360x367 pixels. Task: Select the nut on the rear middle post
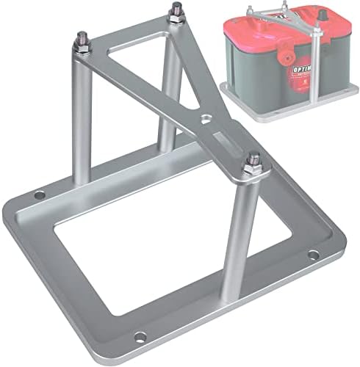pyautogui.click(x=176, y=16)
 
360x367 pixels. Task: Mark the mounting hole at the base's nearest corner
pyautogui.click(x=140, y=336)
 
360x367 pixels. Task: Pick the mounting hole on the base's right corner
pyautogui.click(x=313, y=255)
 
